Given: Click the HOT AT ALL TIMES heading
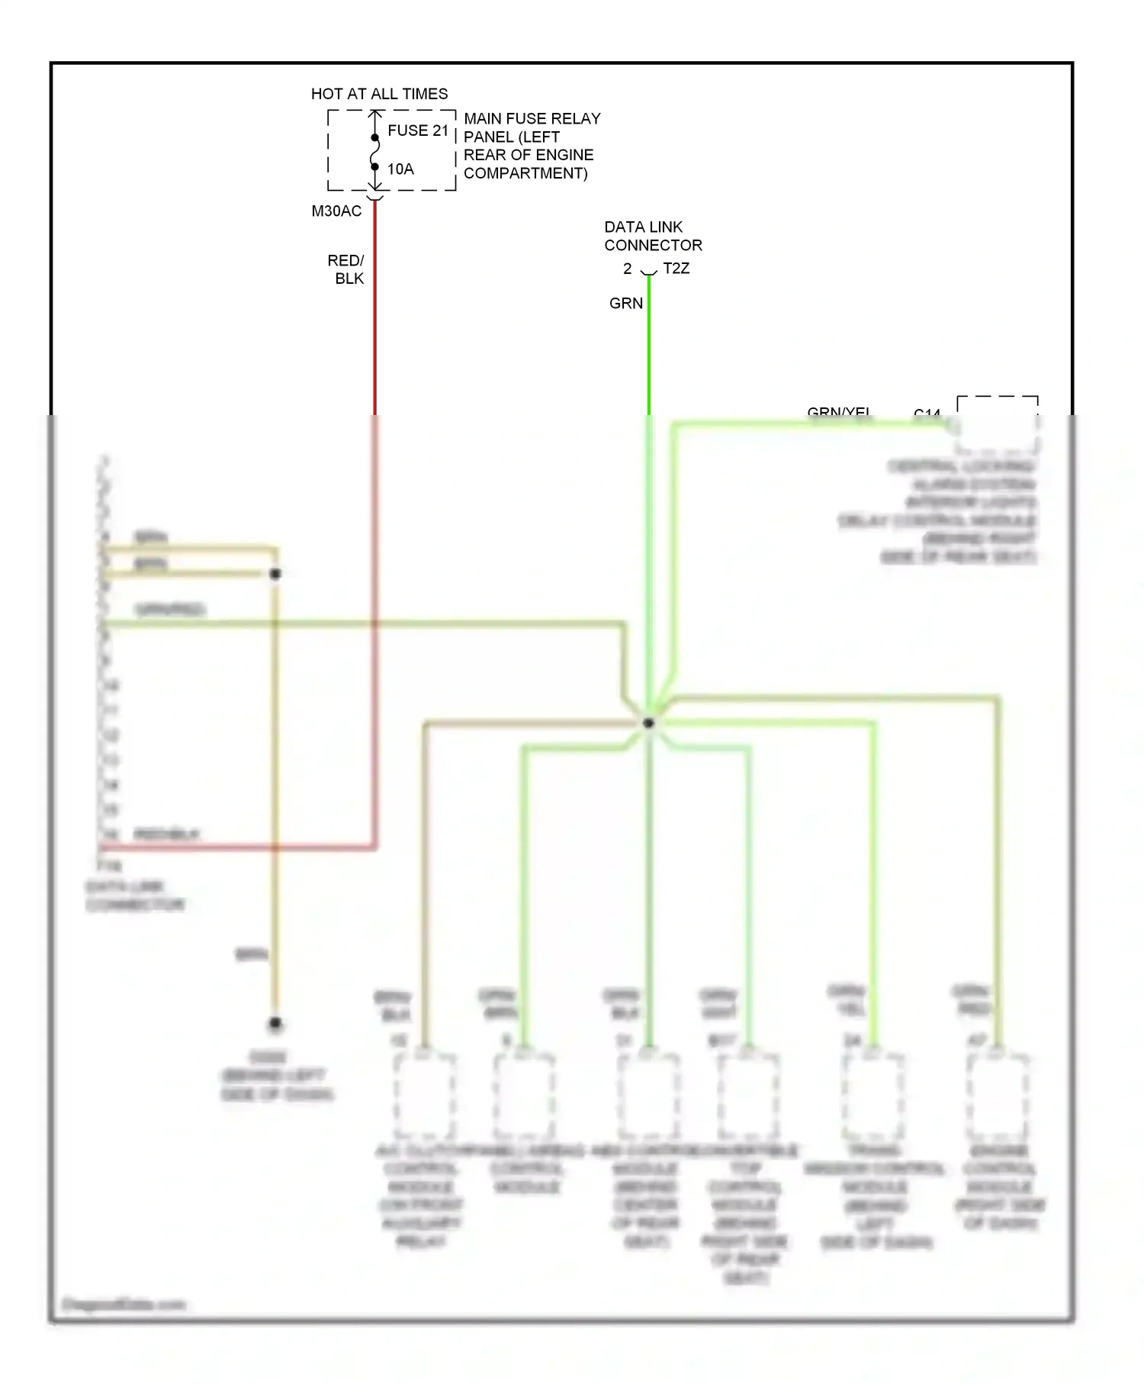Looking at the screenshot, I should click(x=379, y=94).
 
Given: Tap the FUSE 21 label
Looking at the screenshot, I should click(x=418, y=130).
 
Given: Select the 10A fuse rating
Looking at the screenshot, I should click(x=400, y=169).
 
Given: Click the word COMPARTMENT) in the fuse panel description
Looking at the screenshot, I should click(x=525, y=173).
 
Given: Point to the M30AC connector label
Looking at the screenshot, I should click(x=336, y=211).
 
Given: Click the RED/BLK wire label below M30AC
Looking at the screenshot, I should click(x=347, y=269).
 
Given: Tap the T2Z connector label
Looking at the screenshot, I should click(x=676, y=269).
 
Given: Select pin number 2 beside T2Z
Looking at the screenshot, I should click(x=627, y=269).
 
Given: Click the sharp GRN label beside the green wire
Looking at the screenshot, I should click(x=625, y=304).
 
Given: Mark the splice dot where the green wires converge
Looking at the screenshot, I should click(x=648, y=723).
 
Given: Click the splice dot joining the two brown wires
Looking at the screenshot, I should click(x=275, y=574).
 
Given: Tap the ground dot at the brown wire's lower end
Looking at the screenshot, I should click(x=275, y=1023).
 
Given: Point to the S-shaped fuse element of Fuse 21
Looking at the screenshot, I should click(x=375, y=153).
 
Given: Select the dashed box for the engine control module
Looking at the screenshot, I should click(x=998, y=1096).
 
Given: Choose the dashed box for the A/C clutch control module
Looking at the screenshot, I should click(x=425, y=1096).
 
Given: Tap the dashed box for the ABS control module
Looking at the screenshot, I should click(x=648, y=1096).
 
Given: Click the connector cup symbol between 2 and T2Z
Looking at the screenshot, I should click(x=648, y=272).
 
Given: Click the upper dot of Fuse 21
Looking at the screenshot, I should click(x=375, y=138).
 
